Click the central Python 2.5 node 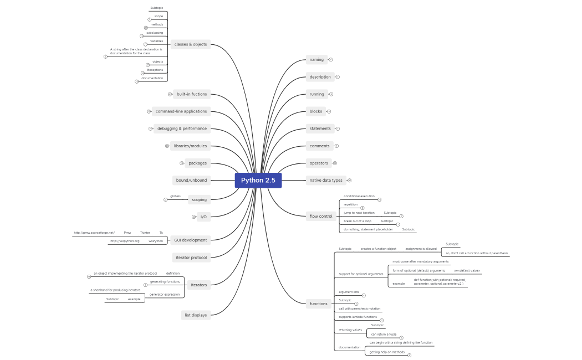point(258,181)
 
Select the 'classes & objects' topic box point(190,44)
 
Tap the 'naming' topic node point(316,59)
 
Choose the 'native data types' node point(326,180)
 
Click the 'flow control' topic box point(321,216)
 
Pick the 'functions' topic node point(319,304)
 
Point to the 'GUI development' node point(190,240)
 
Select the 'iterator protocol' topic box point(191,257)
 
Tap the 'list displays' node point(196,315)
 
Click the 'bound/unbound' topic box point(191,180)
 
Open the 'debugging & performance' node point(182,128)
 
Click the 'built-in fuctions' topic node point(192,94)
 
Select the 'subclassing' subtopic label point(155,33)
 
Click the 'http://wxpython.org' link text point(125,241)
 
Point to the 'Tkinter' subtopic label point(145,233)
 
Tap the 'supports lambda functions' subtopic point(358,317)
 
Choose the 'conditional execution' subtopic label point(359,196)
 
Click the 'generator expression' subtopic point(165,294)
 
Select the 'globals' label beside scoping point(175,196)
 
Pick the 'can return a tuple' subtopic point(383,334)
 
